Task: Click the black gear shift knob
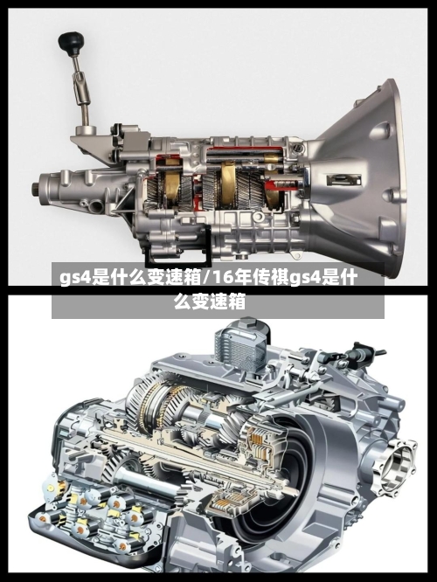71,43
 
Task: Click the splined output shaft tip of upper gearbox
35,190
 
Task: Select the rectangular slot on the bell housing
343,181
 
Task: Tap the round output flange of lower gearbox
395,466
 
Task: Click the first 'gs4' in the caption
75,278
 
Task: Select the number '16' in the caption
218,277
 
